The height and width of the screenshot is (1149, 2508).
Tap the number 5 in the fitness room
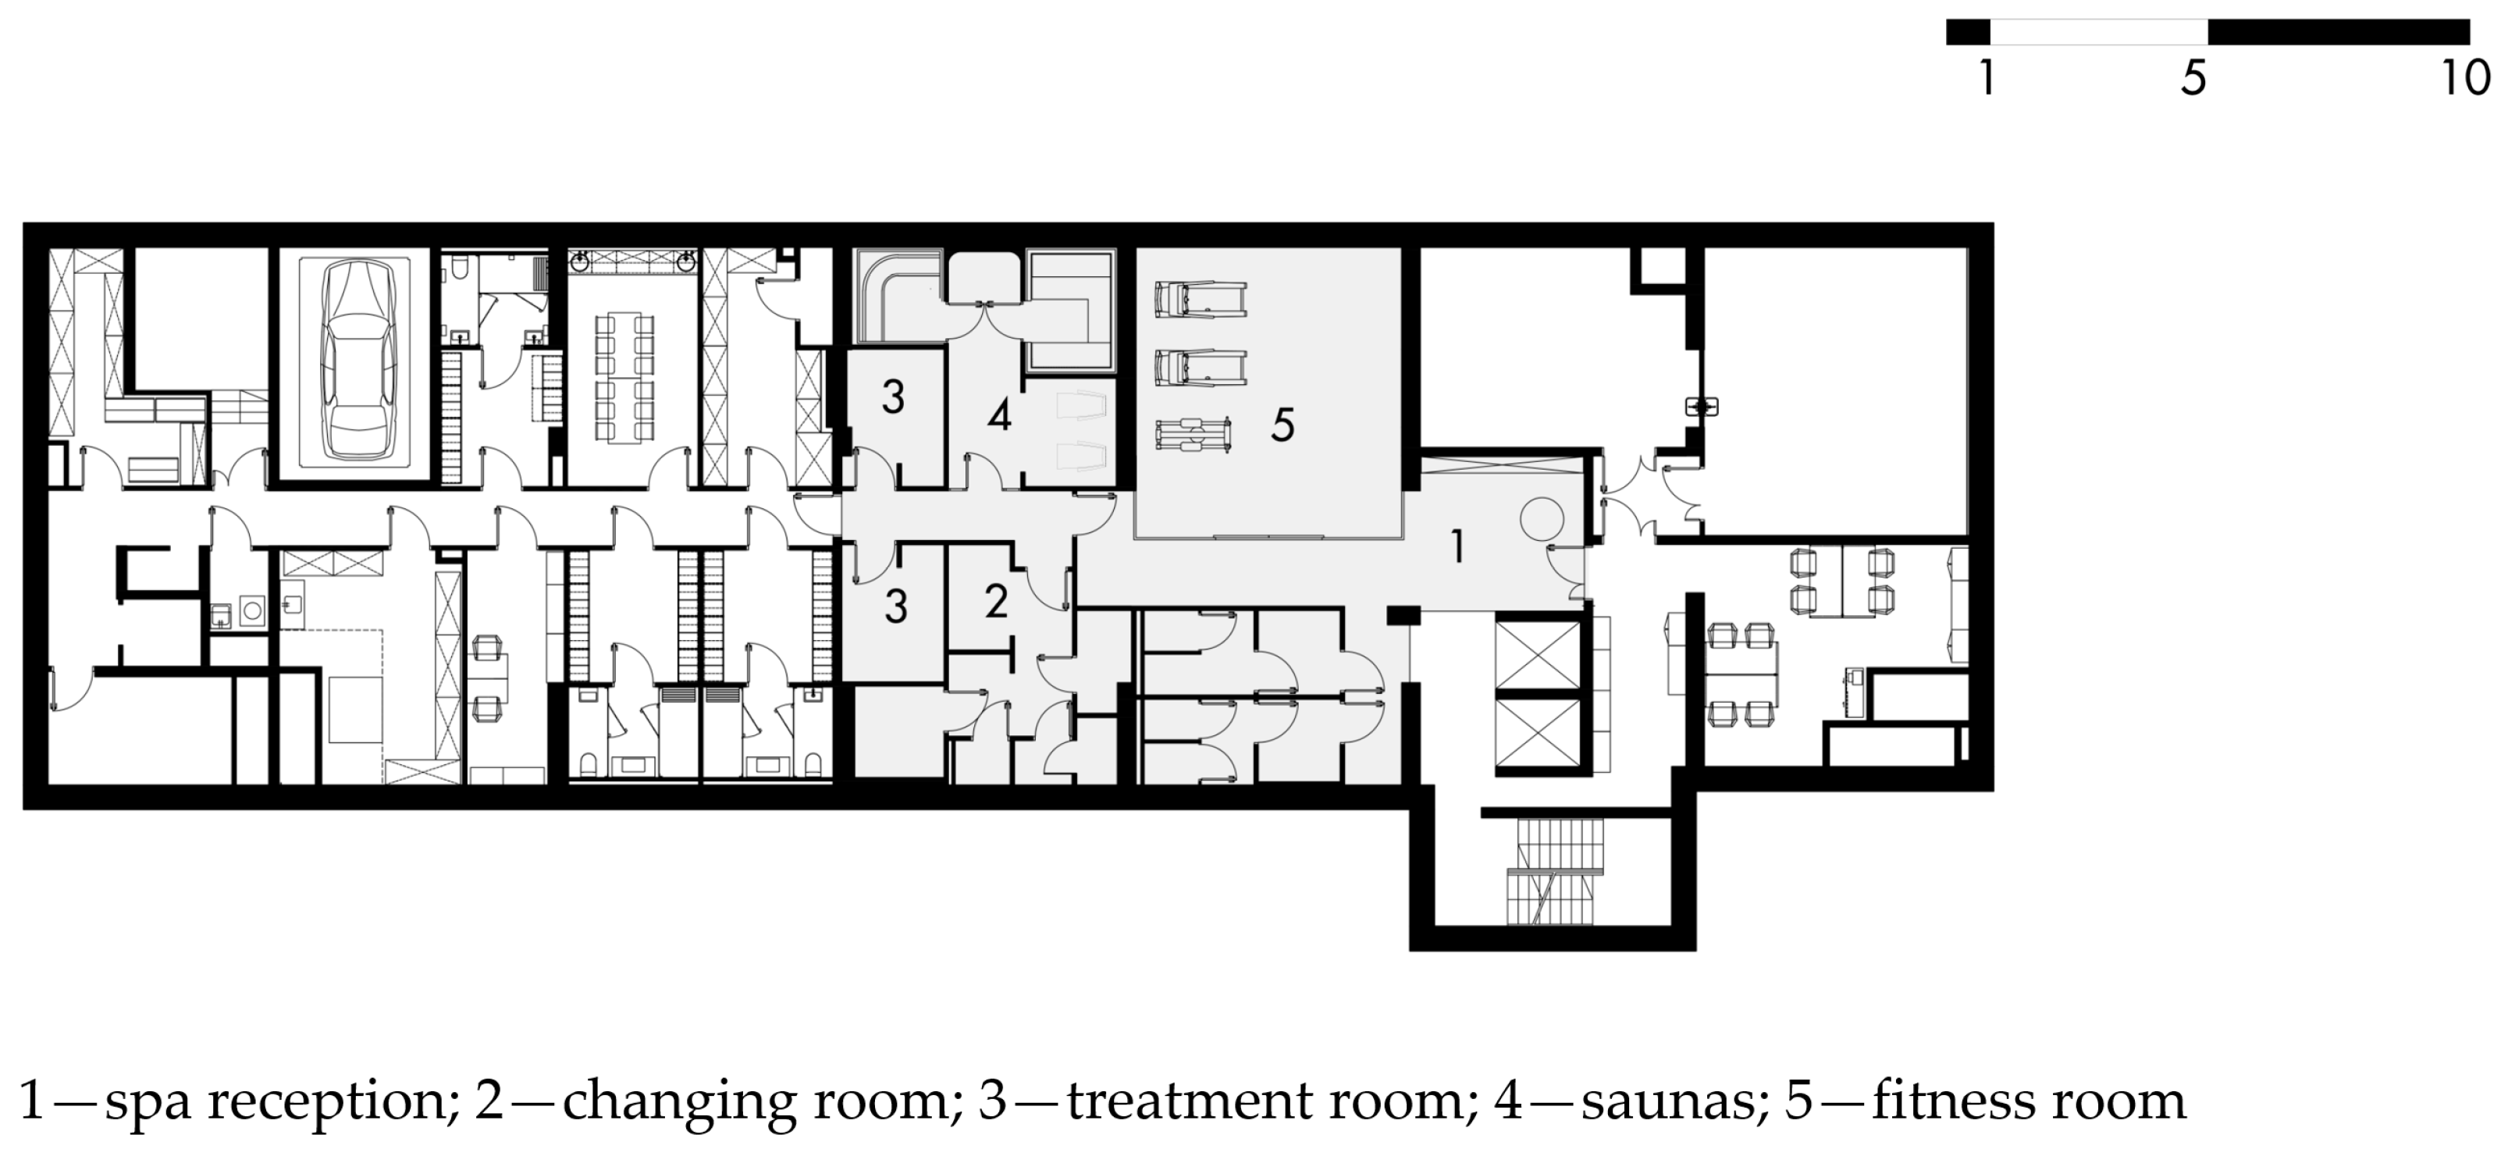[1282, 425]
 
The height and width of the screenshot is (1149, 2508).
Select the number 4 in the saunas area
[999, 416]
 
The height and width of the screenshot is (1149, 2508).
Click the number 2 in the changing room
[995, 602]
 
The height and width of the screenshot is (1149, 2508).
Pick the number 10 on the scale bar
[2465, 77]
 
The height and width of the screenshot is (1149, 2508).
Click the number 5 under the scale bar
[2193, 78]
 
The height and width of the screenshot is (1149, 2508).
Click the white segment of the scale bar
[2098, 32]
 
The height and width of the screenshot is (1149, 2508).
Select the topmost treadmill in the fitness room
[1201, 299]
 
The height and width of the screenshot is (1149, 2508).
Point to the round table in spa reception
[1543, 519]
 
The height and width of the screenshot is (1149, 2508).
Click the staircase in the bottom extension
[1554, 870]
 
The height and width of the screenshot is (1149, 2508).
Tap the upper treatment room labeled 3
[894, 417]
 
